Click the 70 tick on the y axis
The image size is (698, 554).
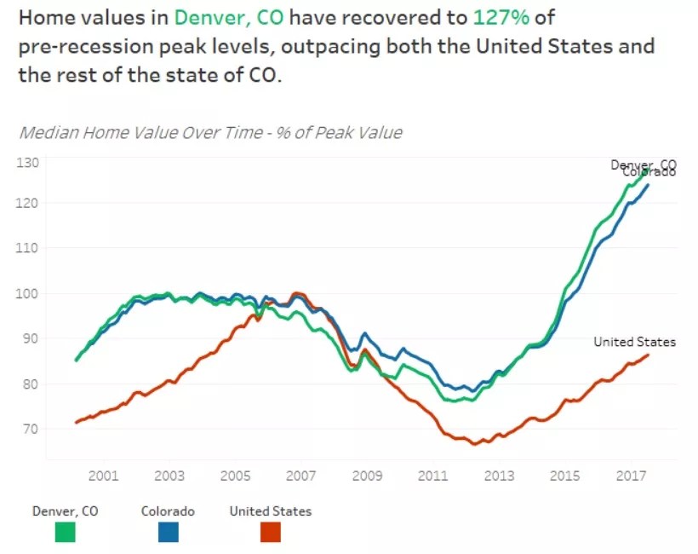[31, 429]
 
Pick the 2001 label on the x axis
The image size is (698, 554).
[103, 476]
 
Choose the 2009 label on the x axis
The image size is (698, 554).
[367, 476]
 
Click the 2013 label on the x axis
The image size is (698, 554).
[500, 476]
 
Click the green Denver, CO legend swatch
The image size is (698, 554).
[65, 532]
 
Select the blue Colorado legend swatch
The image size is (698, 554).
[168, 532]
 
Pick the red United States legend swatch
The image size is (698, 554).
[270, 532]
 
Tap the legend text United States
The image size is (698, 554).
[271, 511]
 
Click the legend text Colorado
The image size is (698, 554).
[168, 511]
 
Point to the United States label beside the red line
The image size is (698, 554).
[634, 342]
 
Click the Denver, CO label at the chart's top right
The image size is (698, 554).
[643, 164]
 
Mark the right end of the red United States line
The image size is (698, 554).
[649, 355]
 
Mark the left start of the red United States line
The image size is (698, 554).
[77, 423]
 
